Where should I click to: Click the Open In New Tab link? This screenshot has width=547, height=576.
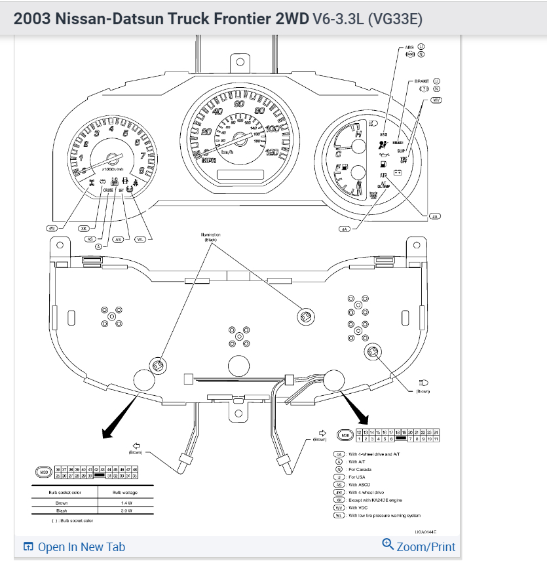point(74,547)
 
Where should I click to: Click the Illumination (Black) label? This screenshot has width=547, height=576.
point(210,237)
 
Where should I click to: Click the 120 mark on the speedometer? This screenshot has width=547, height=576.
point(271,152)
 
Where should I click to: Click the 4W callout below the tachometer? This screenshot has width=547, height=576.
point(52,228)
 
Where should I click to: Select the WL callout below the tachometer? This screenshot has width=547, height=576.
point(140,240)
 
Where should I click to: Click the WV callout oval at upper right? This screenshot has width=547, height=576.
point(436,100)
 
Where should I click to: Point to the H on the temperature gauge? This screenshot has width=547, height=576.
point(358,133)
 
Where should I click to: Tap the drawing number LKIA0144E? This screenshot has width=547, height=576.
point(425,532)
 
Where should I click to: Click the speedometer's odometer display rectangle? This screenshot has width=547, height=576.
point(240,175)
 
